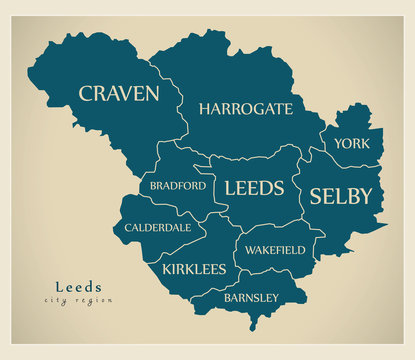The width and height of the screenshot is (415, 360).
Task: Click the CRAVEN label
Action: point(119,93)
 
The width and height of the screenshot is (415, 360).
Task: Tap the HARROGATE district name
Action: point(245,108)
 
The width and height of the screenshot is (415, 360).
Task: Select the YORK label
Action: point(352,143)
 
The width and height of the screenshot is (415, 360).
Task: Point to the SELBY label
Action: point(340,195)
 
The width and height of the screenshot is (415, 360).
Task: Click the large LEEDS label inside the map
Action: point(254,187)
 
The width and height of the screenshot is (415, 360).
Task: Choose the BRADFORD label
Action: point(178,185)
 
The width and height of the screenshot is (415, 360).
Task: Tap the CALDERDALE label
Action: point(158,227)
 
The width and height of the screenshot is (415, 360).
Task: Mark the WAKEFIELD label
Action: point(275,249)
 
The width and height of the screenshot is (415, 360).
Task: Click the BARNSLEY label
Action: point(251,297)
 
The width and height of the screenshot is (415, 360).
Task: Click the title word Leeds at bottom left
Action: point(78,285)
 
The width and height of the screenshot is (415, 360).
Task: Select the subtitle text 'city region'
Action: point(78,300)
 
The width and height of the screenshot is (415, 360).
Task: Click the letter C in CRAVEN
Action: point(86,94)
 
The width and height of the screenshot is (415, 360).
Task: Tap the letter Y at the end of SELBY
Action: point(366,195)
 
